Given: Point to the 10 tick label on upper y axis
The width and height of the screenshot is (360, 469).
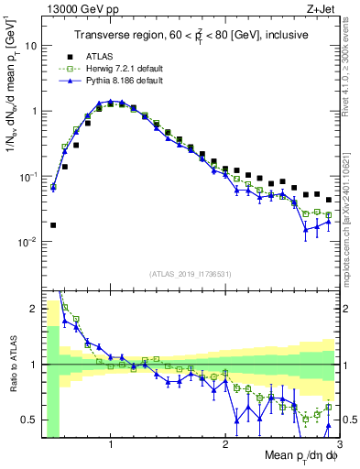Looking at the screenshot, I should click(30, 45).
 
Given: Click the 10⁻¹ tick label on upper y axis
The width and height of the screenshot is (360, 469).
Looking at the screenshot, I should click(27, 176).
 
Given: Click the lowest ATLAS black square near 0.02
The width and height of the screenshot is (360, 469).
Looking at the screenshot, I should click(53, 224).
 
